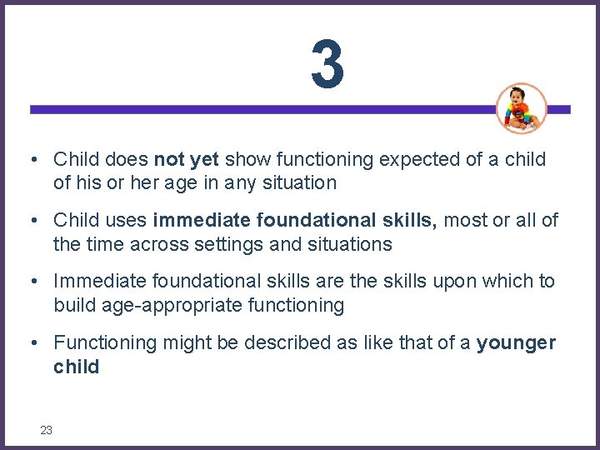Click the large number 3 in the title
coord(327,64)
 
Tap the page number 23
coord(46,430)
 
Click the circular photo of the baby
coord(521,108)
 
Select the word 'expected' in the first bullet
coord(353,159)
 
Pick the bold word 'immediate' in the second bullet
coord(201,220)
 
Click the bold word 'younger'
coord(516,342)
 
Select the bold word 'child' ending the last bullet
coord(76,367)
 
